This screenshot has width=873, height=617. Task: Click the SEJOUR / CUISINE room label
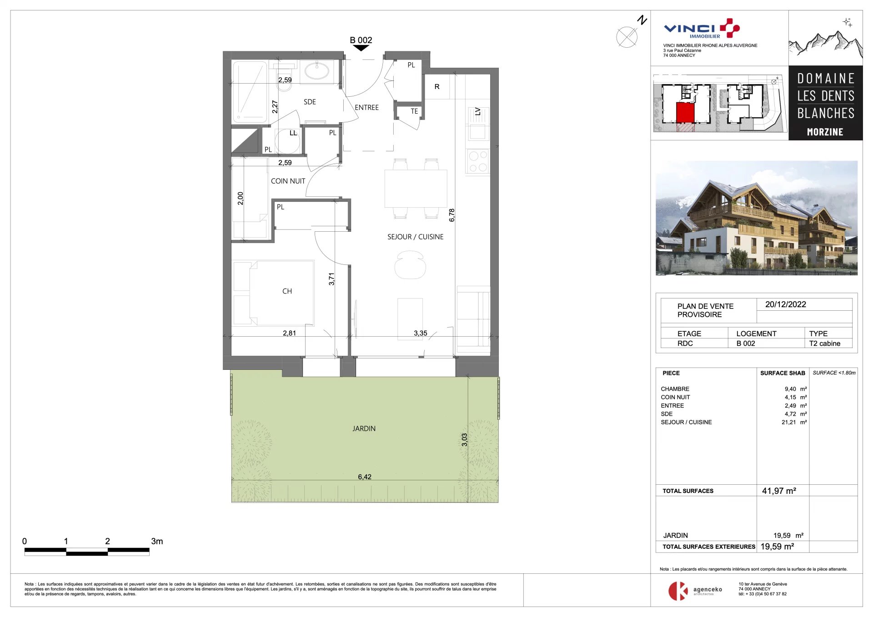[415, 237]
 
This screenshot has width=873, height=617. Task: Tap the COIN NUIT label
[288, 181]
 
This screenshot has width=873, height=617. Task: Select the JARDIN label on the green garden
[364, 428]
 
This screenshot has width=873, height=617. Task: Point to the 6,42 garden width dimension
[365, 477]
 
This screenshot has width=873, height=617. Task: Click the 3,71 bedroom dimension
[331, 279]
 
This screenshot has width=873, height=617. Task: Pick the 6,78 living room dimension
[452, 215]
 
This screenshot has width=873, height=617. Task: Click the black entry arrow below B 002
[361, 48]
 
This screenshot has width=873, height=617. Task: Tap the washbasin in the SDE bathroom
[317, 71]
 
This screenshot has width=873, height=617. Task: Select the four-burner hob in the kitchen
[477, 161]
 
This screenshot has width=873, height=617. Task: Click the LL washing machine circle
[287, 141]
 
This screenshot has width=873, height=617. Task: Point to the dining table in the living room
[416, 189]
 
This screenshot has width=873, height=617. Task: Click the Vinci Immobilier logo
[702, 29]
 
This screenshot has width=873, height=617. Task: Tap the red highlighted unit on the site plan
[685, 112]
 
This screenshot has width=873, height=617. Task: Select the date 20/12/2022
[785, 304]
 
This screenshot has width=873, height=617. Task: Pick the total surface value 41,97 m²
[779, 491]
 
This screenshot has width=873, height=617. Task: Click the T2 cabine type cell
[824, 343]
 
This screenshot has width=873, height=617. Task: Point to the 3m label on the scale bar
[157, 541]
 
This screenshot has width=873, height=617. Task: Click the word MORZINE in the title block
[825, 132]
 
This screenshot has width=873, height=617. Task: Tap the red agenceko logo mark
[677, 591]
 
